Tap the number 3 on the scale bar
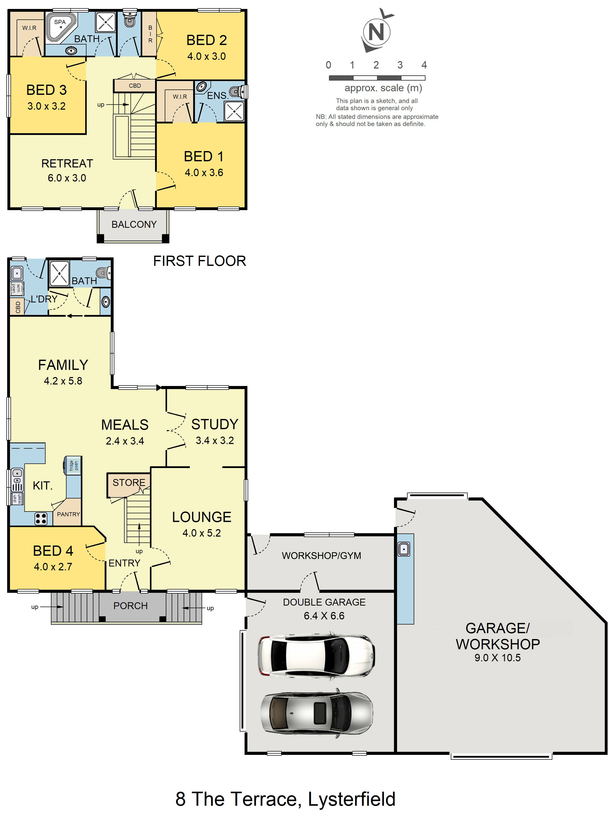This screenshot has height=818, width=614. click(400, 65)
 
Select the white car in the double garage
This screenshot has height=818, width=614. click(316, 656)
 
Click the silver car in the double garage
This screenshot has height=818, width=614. click(316, 713)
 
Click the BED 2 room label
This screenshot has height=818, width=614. click(206, 40)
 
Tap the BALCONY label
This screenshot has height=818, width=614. click(134, 224)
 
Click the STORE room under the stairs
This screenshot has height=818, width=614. click(128, 483)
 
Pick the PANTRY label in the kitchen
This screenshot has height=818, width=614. click(68, 514)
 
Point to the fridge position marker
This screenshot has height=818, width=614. click(73, 465)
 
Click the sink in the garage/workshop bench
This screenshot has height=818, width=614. click(404, 549)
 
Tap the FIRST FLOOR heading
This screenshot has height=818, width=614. click(200, 261)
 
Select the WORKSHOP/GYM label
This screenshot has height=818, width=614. click(321, 556)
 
